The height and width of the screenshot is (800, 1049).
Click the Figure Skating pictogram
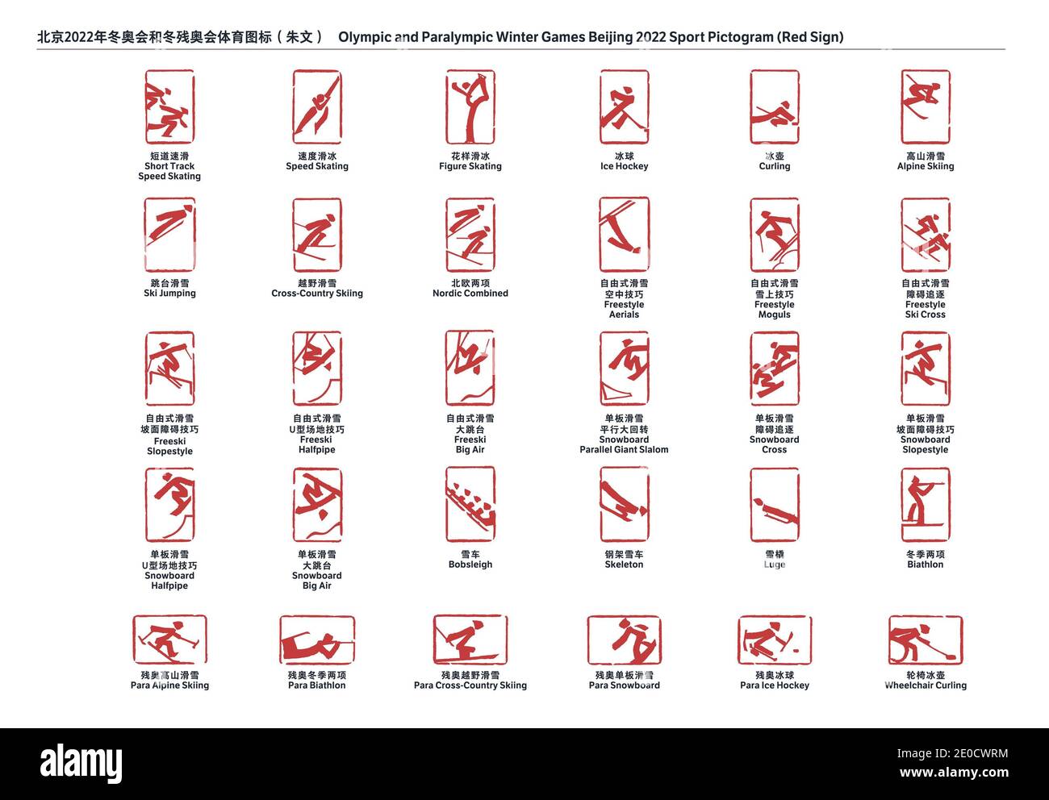470,106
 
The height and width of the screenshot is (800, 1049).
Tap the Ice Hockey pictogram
624,106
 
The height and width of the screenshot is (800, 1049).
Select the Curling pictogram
774,106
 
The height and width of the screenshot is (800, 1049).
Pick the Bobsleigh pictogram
470,504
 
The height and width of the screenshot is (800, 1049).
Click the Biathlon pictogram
926,504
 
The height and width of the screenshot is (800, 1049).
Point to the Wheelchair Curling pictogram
926,640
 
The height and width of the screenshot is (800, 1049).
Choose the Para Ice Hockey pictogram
774,640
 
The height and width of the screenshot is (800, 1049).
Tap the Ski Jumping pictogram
169,235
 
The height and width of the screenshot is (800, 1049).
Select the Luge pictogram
774,504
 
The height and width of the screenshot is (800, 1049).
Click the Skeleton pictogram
624,504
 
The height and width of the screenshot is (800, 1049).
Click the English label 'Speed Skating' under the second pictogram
317,166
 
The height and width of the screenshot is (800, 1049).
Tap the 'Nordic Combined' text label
470,294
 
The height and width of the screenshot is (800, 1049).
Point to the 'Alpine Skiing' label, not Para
926,166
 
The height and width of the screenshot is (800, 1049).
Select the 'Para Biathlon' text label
317,685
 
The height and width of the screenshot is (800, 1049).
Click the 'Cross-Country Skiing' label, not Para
317,294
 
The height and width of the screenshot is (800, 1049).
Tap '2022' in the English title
650,37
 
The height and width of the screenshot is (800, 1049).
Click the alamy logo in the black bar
81,763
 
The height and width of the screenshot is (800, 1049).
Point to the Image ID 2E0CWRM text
952,753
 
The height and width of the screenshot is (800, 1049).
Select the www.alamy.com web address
954,773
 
